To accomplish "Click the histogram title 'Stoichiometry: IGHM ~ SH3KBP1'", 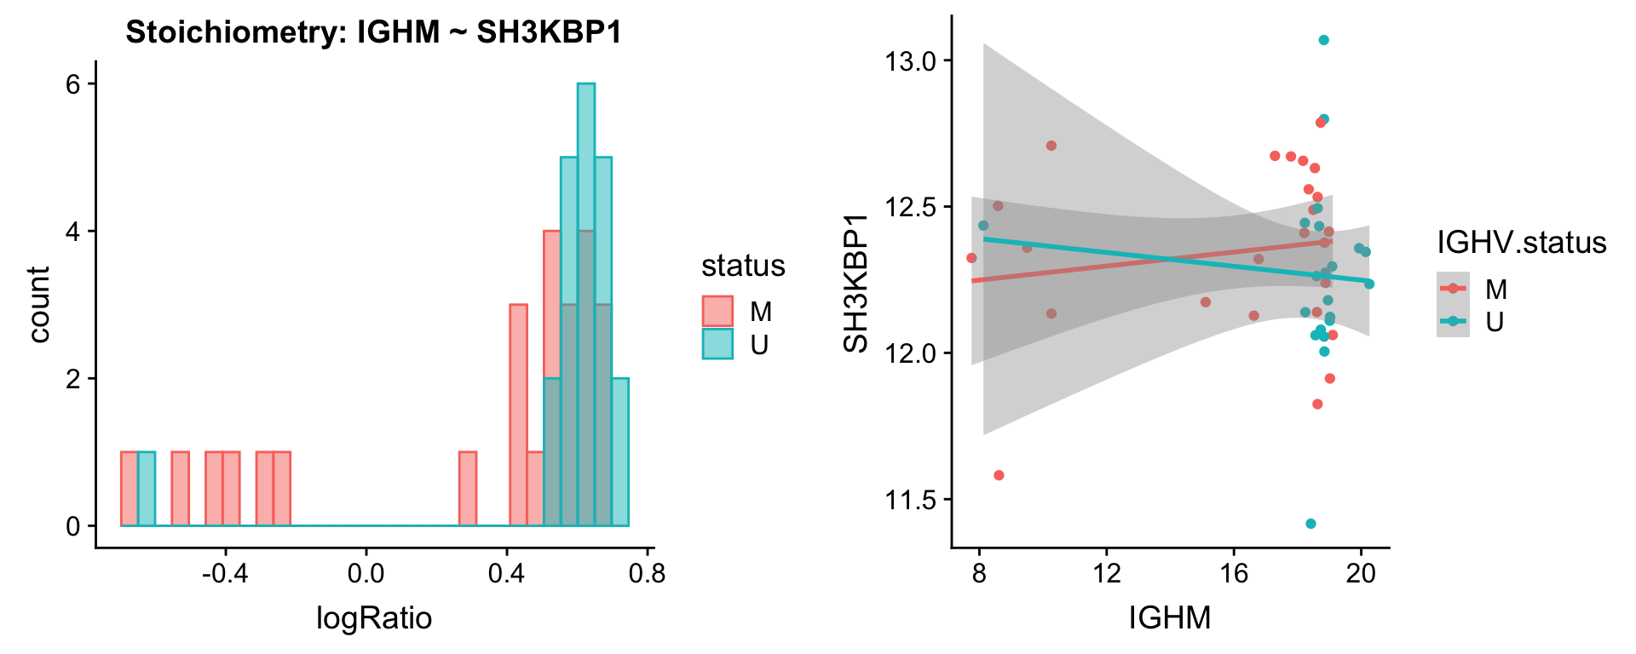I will [373, 32].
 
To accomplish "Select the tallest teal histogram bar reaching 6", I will [585, 255].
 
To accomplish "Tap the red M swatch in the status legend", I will [717, 312].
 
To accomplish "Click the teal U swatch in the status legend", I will [717, 344].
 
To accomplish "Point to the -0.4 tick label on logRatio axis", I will [225, 573].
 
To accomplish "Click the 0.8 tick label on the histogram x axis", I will [647, 573].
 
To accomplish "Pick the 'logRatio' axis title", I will [374, 617].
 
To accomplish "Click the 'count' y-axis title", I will [38, 304].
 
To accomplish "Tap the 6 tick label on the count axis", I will [73, 84].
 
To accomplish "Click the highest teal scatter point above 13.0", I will [1323, 40].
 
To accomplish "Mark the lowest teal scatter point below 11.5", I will [1311, 524].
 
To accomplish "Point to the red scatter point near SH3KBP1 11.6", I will [999, 475].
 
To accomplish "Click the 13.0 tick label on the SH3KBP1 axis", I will [911, 61].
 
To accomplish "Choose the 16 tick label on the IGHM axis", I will [1234, 573].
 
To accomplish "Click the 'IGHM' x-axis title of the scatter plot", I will [1170, 617].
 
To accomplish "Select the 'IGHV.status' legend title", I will [1522, 243].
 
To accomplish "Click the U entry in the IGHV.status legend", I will [1495, 322].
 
